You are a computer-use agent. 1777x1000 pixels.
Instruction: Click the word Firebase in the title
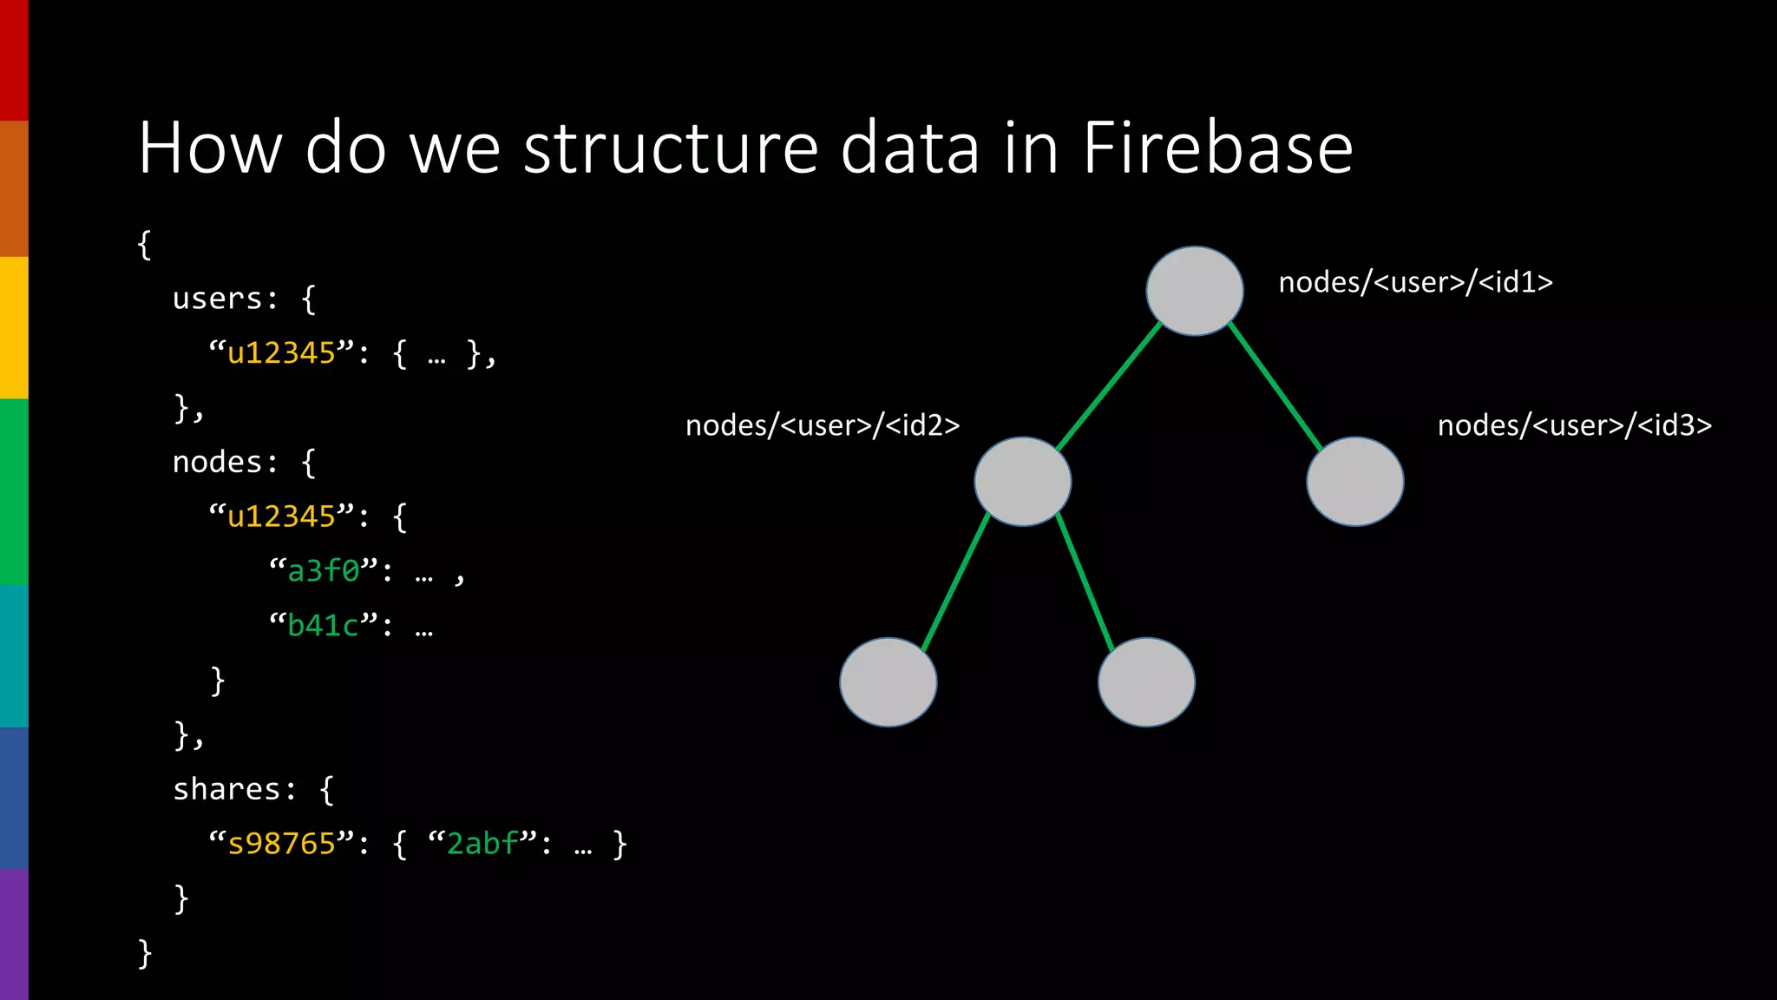(x=1217, y=148)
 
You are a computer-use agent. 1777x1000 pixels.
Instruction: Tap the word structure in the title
(x=671, y=148)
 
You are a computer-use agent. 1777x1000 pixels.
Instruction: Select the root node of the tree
(x=1195, y=291)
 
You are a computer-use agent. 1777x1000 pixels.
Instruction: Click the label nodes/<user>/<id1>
(x=1415, y=282)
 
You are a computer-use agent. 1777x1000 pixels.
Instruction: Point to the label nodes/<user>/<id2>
(x=823, y=425)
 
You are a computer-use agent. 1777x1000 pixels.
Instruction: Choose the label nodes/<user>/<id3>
(x=1574, y=425)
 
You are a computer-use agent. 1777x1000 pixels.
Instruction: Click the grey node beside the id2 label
(x=1023, y=482)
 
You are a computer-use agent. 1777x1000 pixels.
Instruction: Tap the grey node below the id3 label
(x=1354, y=482)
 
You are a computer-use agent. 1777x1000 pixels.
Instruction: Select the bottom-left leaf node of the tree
(x=888, y=682)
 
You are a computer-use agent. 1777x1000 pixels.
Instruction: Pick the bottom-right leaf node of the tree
(x=1146, y=682)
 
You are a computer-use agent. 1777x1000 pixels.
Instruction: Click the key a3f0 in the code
(x=324, y=571)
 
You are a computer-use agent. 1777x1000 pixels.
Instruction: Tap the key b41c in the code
(x=324, y=626)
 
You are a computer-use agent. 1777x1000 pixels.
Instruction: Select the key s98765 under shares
(x=281, y=844)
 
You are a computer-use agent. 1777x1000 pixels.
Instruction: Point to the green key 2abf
(x=482, y=844)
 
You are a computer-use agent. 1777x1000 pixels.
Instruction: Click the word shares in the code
(x=226, y=789)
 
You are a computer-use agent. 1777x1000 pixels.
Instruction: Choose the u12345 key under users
(x=281, y=353)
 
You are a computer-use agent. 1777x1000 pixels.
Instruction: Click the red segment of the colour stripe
(x=14, y=61)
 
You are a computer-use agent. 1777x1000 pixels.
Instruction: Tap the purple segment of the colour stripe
(x=14, y=934)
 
